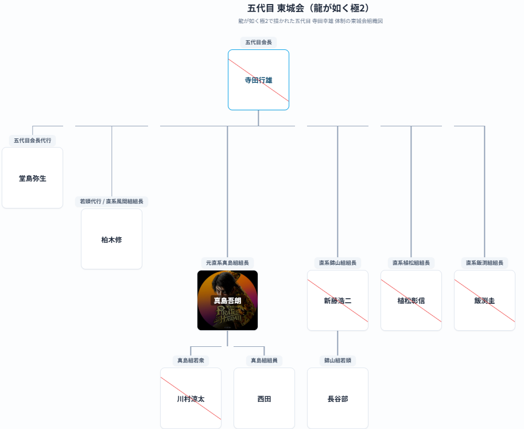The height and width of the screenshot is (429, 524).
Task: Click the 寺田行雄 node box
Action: click(258, 80)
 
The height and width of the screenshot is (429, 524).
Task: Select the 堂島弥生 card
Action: click(33, 178)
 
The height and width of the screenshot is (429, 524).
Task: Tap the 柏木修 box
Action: click(111, 239)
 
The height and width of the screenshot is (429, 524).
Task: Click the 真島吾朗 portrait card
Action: click(227, 300)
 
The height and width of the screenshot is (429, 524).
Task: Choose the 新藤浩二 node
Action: click(337, 300)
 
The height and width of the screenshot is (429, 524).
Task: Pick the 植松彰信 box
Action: click(411, 300)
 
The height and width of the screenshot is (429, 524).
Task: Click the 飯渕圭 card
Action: click(484, 300)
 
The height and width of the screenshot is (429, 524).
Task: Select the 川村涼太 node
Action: click(191, 399)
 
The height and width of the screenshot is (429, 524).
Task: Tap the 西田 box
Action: click(264, 399)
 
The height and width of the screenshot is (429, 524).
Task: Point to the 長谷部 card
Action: click(337, 399)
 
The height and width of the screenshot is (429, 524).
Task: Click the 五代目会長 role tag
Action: click(258, 42)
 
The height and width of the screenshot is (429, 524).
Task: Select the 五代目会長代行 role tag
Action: click(33, 141)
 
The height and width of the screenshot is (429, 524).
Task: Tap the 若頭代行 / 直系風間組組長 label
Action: click(111, 202)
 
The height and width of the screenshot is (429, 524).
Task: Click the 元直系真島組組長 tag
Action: click(227, 263)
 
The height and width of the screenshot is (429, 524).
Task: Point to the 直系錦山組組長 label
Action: click(337, 263)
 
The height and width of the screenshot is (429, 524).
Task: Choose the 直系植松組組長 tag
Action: click(411, 263)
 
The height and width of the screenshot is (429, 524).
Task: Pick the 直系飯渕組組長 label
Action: click(484, 263)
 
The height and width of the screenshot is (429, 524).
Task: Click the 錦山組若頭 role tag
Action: click(337, 361)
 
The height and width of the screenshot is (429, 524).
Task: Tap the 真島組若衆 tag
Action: click(191, 361)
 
